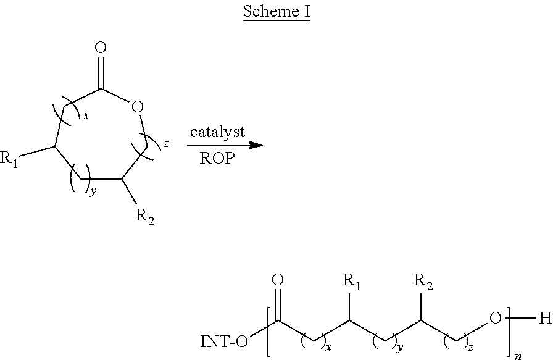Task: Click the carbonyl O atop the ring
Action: (x=102, y=48)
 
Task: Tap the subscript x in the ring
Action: (x=86, y=117)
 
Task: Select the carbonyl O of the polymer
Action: (x=278, y=280)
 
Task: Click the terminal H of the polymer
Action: (x=544, y=319)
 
